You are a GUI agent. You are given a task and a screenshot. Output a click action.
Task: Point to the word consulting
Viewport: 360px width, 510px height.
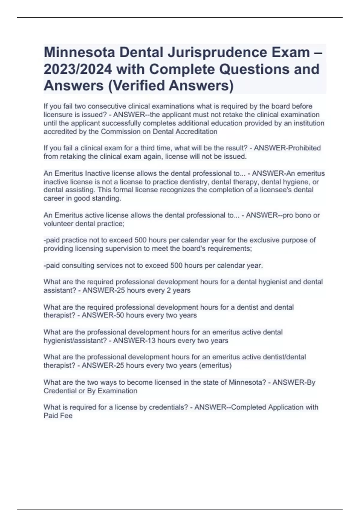[79, 265]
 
